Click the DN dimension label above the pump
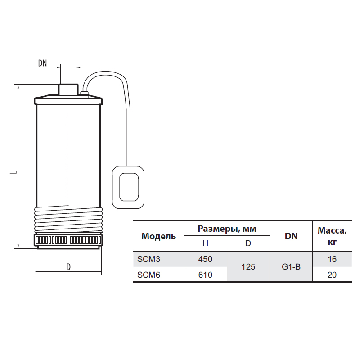[x=42, y=63]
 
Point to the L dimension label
[x=14, y=172]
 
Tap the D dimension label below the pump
[x=68, y=267]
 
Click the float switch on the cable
[x=128, y=187]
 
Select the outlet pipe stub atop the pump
[x=68, y=90]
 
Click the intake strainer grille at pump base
[x=68, y=240]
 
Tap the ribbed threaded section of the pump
[x=68, y=219]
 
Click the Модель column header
[x=159, y=236]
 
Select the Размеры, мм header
[x=227, y=229]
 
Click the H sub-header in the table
[x=206, y=243]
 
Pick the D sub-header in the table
[x=248, y=243]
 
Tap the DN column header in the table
[x=291, y=236]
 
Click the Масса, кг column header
[x=332, y=236]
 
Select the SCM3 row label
[x=149, y=259]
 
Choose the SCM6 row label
[x=149, y=274]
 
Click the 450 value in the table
[x=206, y=259]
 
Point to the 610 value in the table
[x=206, y=274]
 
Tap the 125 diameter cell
[x=248, y=267]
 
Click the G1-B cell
[x=291, y=267]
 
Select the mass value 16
[x=332, y=259]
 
